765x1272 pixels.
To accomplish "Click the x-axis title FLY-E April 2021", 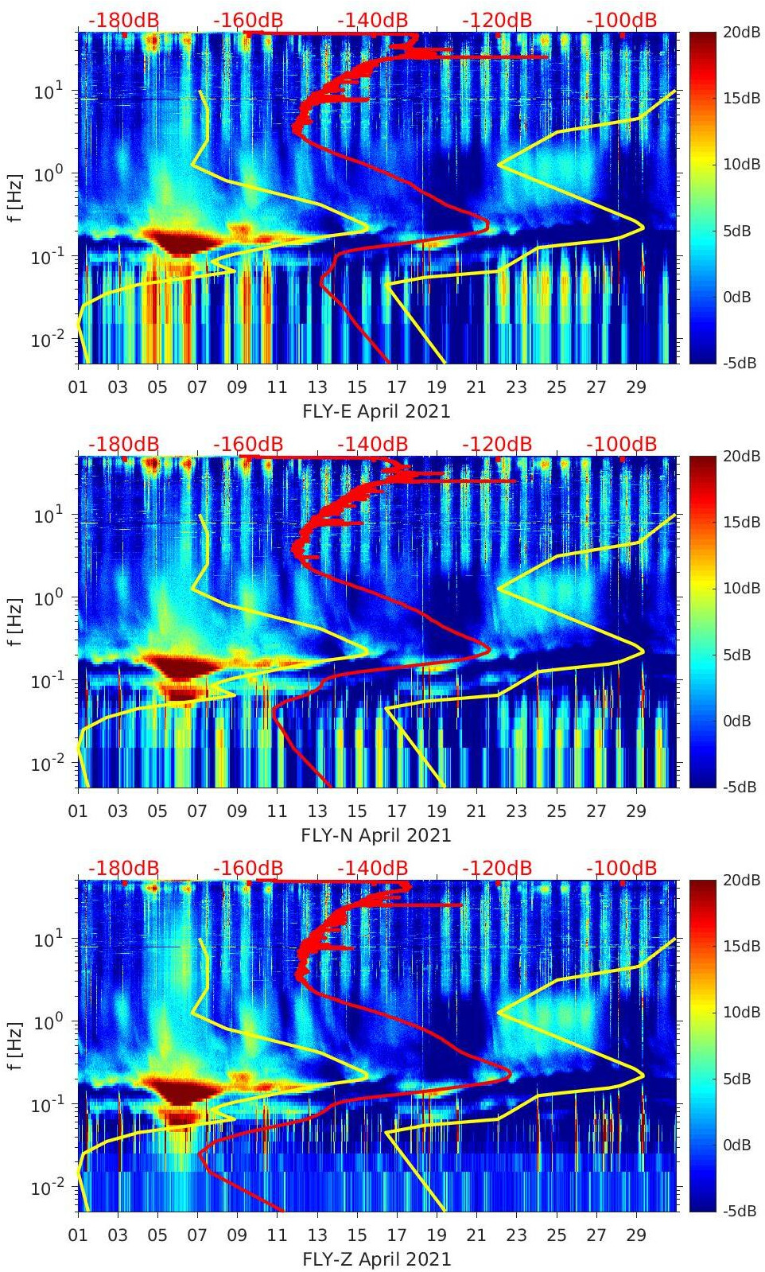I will coord(376,411).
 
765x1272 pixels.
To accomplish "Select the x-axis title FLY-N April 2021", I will coord(376,835).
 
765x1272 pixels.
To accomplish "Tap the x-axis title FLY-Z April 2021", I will coord(376,1259).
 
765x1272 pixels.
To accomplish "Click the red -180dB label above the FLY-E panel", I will coord(123,20).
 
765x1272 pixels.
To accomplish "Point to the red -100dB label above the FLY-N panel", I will coord(622,444).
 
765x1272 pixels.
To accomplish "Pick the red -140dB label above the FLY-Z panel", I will coord(372,868).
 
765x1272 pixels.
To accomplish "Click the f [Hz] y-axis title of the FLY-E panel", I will coord(15,197).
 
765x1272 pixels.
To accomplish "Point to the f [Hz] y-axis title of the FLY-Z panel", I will coord(15,1045).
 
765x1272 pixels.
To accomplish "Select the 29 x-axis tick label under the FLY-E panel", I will coord(635,387).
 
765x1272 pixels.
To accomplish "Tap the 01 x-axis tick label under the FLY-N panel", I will coord(78,811).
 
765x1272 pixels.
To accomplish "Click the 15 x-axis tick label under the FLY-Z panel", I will coord(357,1235).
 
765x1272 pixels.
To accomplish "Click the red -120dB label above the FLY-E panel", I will coord(497,20).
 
